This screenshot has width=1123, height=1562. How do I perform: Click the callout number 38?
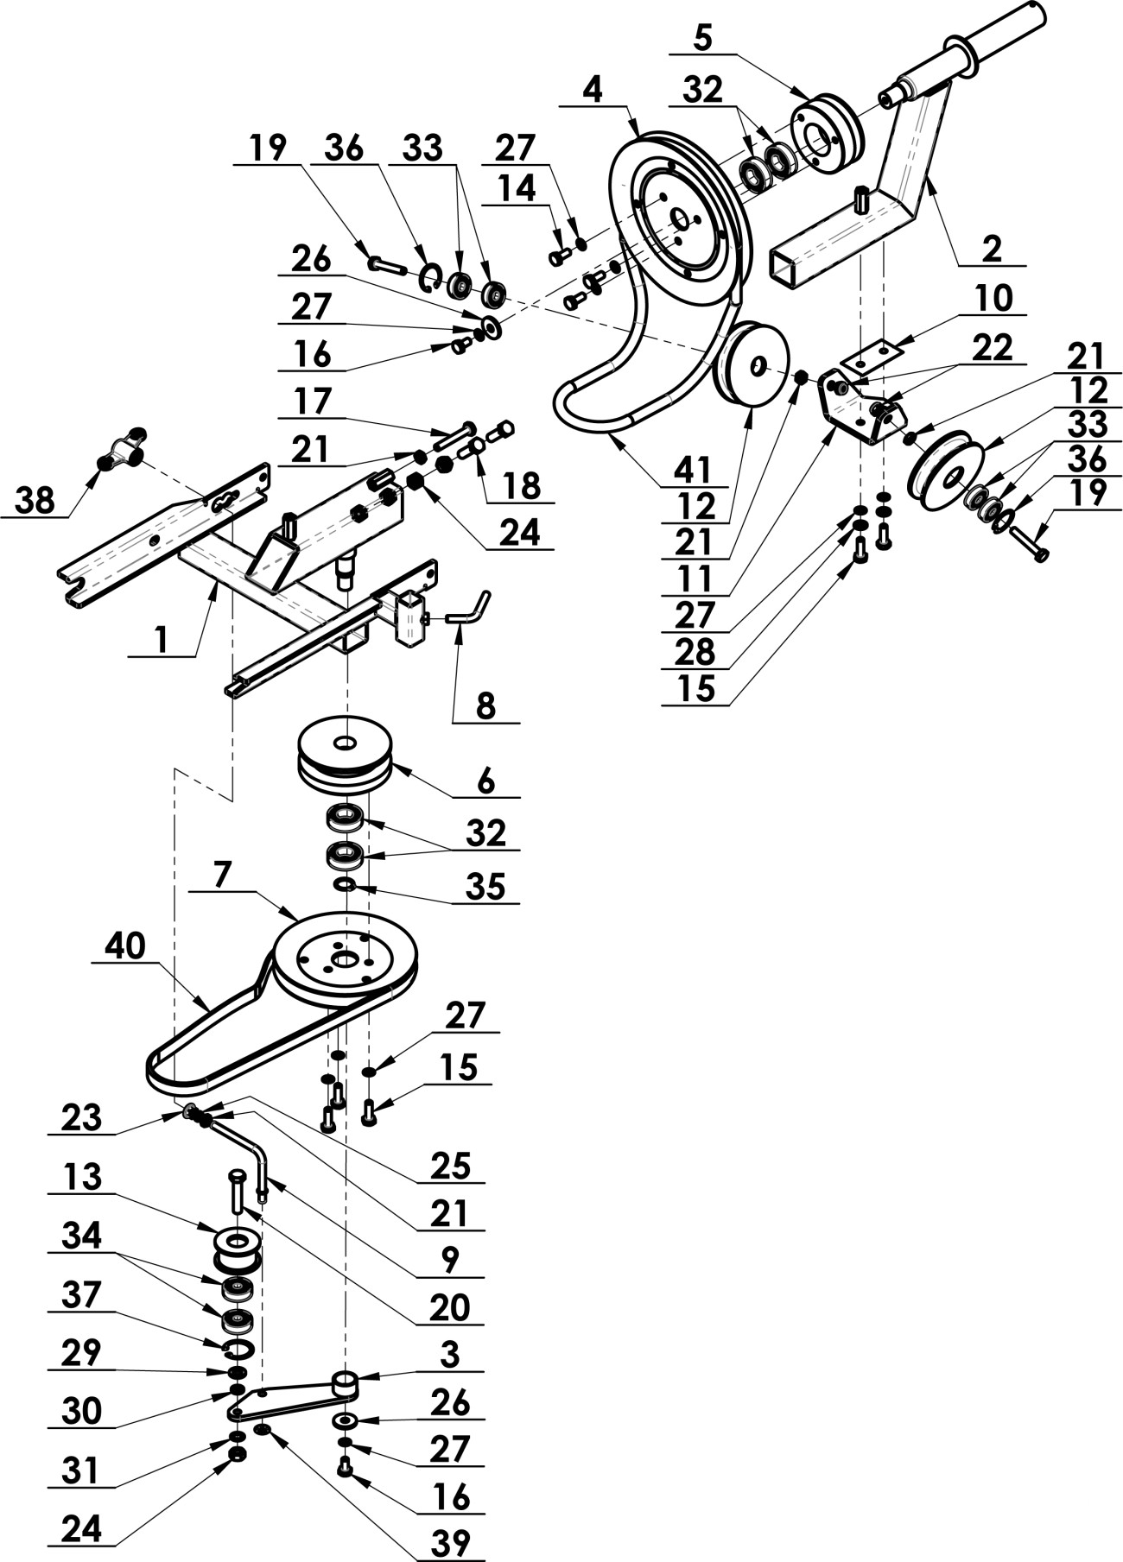pyautogui.click(x=35, y=500)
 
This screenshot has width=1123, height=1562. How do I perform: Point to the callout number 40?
pyautogui.click(x=124, y=947)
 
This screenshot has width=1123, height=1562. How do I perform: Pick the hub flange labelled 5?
pyautogui.click(x=828, y=130)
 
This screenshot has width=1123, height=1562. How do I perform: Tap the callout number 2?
pyautogui.click(x=992, y=249)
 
